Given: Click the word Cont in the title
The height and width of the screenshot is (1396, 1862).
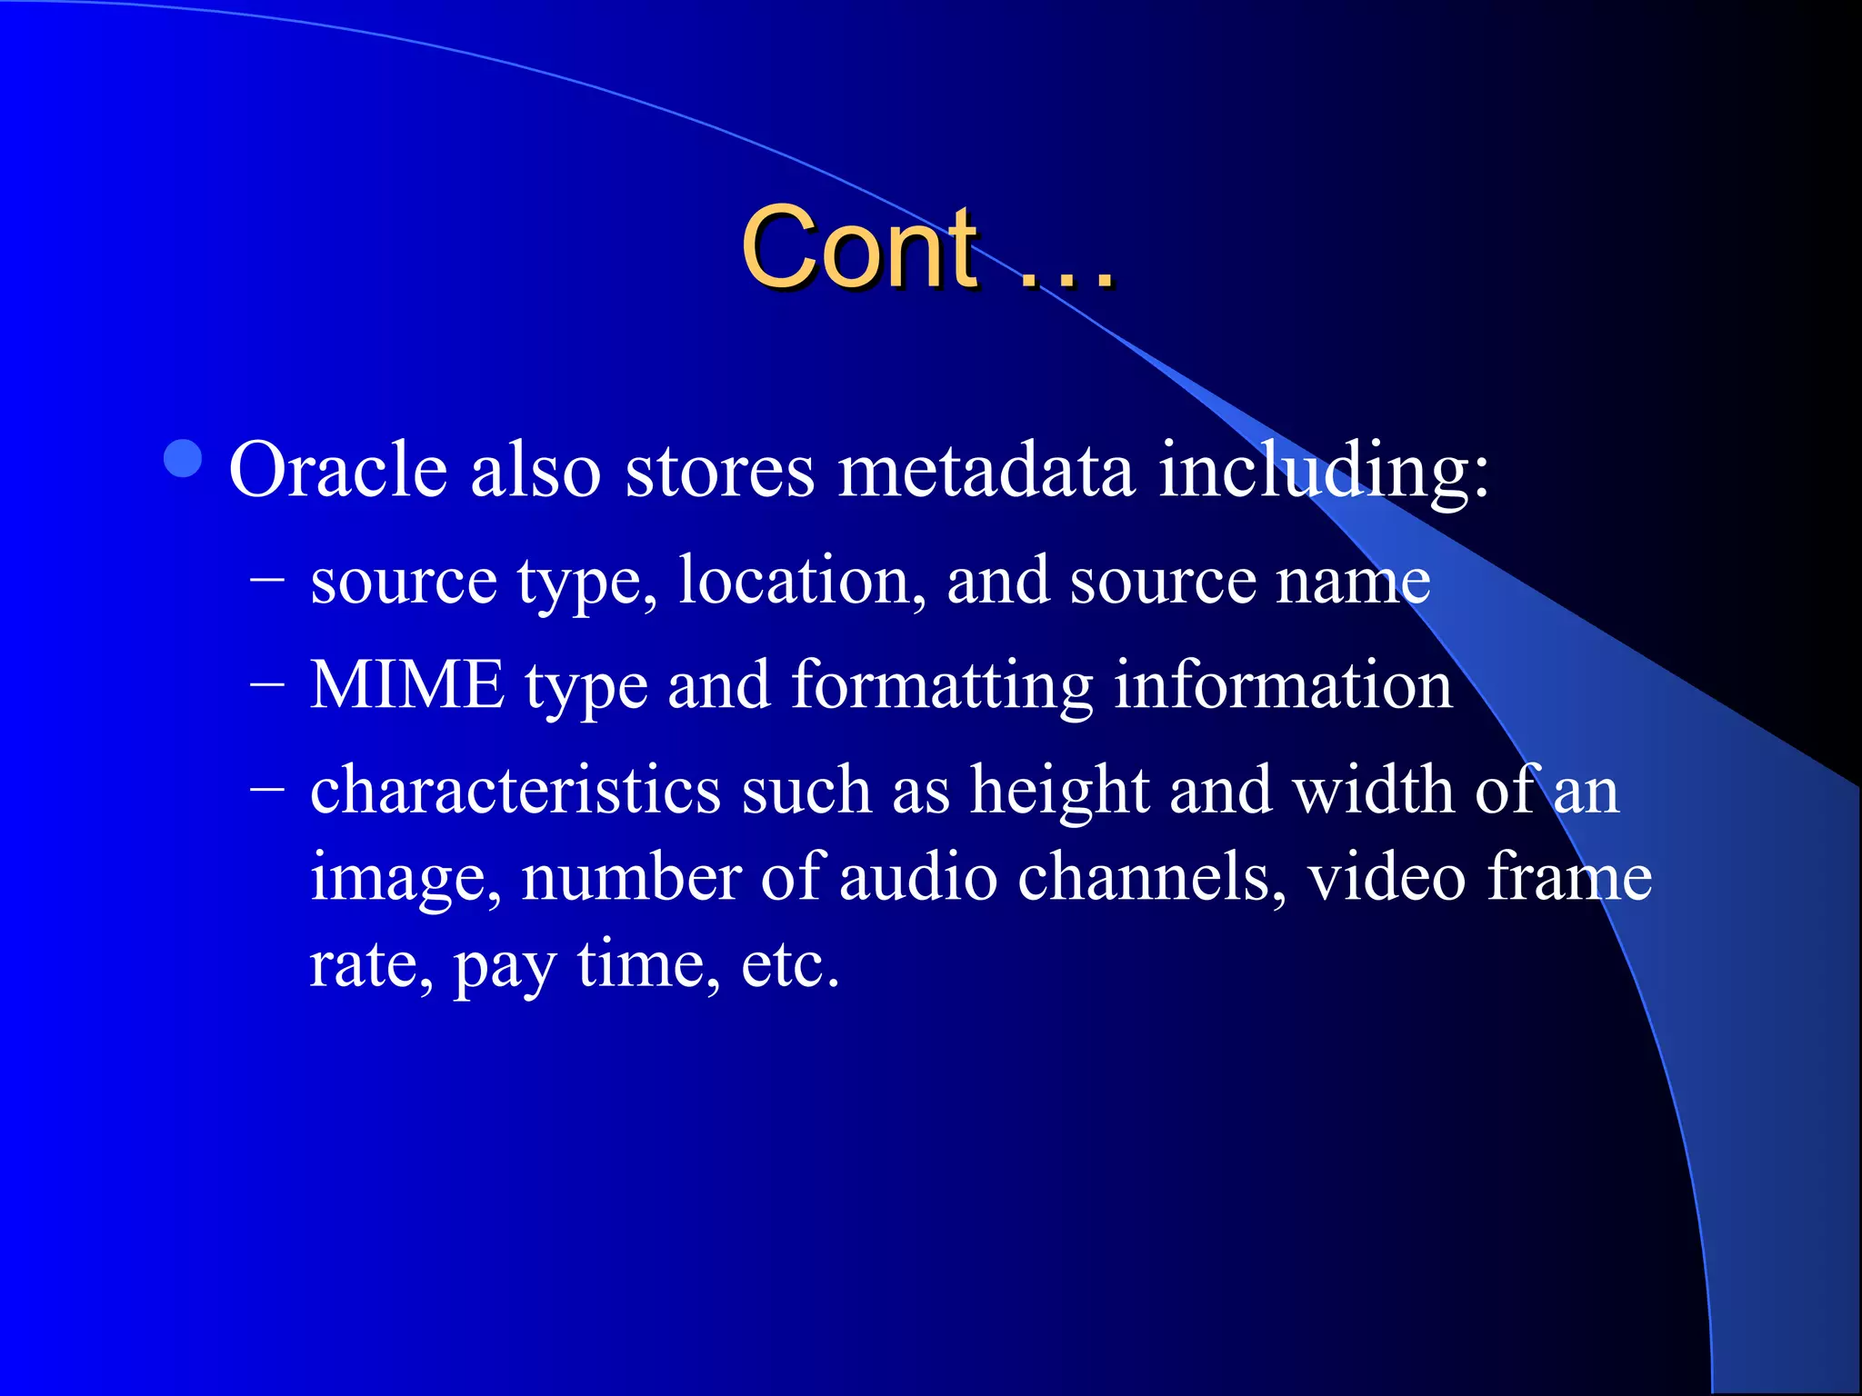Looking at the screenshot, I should (859, 247).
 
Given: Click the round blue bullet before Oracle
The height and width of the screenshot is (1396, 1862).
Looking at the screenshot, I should (184, 459).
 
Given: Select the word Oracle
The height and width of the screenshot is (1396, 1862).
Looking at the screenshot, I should (337, 471).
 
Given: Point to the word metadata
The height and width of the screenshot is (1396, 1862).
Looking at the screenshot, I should (986, 471).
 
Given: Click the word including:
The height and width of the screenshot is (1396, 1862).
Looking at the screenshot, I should (1324, 471).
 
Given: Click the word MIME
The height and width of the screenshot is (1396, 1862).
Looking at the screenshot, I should (407, 685).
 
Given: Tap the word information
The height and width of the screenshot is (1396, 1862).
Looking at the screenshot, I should (1283, 685).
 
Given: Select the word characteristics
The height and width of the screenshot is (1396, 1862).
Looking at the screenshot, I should (516, 790).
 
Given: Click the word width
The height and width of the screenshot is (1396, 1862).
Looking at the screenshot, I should (1373, 790).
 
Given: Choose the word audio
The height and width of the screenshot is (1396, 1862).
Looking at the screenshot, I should (917, 877).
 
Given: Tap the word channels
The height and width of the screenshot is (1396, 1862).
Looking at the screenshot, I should (1151, 877).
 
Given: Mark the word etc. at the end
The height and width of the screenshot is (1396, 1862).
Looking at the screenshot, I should (789, 965).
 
